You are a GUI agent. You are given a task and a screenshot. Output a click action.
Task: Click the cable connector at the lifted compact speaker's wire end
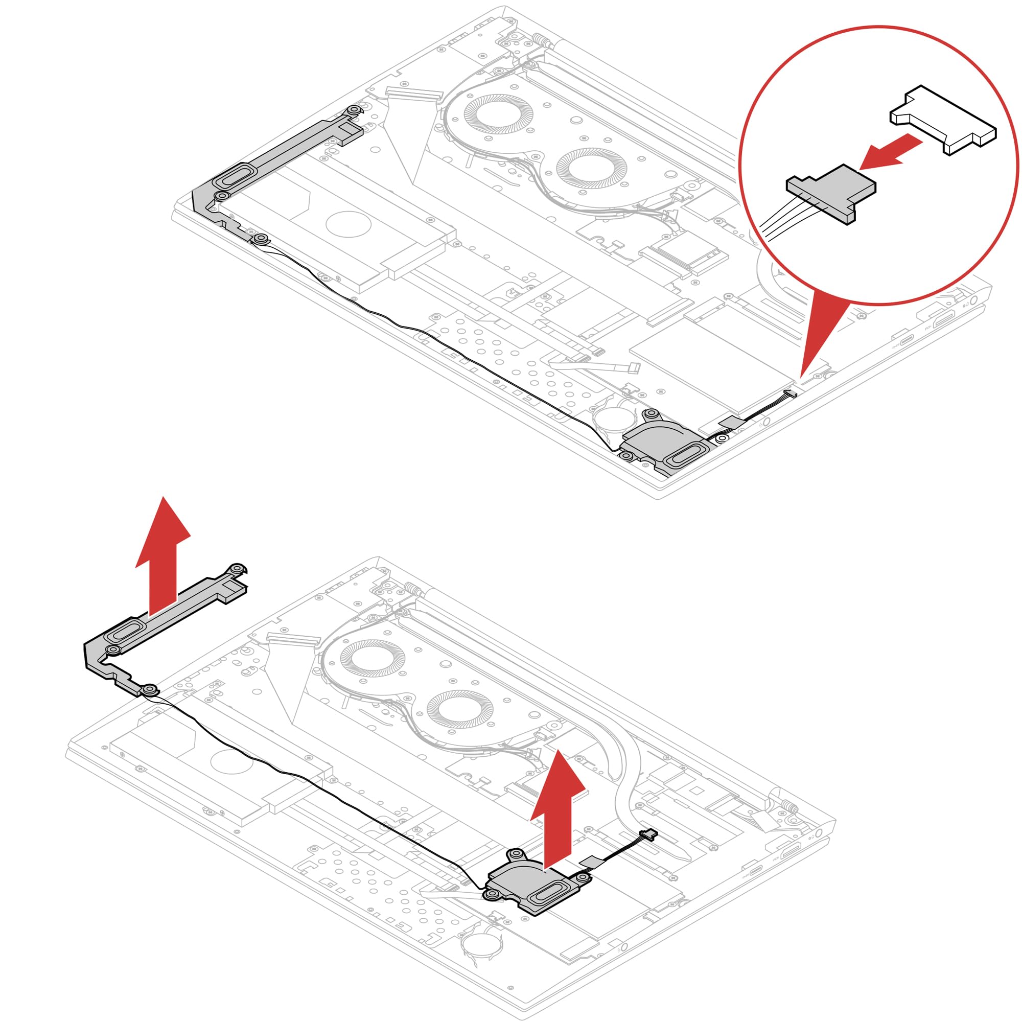point(649,835)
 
